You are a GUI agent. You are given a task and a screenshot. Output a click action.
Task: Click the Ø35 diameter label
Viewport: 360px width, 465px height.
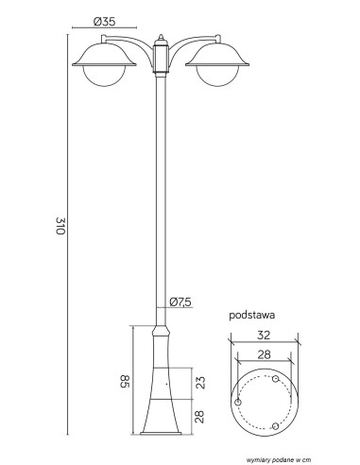105,22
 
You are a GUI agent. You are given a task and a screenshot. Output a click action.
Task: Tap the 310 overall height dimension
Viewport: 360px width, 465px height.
60,226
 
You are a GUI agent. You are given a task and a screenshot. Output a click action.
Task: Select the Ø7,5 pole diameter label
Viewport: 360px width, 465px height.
180,302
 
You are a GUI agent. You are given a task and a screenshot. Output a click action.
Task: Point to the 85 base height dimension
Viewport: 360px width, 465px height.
125,381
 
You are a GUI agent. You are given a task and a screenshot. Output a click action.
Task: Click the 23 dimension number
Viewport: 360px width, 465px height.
199,383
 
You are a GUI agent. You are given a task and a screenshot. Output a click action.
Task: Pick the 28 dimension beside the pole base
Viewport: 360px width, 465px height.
199,417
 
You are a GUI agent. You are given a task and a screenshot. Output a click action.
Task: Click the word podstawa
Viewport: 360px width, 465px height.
251,315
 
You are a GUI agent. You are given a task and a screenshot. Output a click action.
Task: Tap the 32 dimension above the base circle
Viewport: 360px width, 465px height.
264,336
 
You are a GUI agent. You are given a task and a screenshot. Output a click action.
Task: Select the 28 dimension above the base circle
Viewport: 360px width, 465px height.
264,354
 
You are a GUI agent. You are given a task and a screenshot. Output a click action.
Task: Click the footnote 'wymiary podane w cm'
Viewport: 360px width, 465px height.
276,460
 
